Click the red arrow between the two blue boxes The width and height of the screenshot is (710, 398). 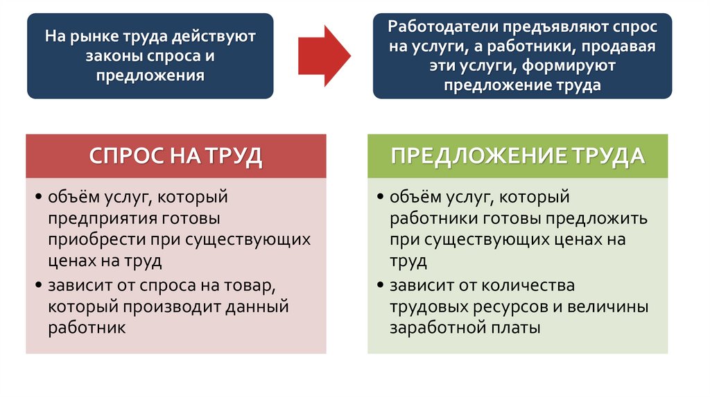point(324,55)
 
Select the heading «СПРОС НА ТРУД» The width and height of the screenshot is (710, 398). point(175,155)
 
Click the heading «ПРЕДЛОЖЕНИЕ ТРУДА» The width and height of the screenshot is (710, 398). point(517,155)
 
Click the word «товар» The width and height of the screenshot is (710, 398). point(251,285)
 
